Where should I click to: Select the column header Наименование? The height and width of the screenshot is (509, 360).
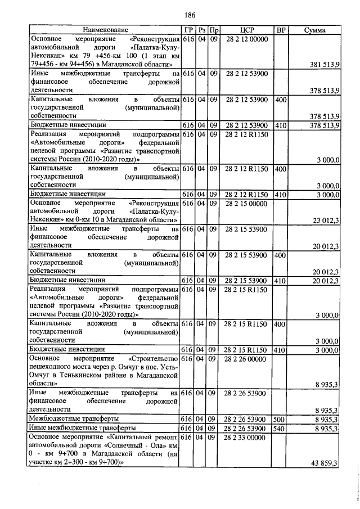click(x=105, y=29)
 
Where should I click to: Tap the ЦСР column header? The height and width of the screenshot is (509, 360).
click(x=247, y=29)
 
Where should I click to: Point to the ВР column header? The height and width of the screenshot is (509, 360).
click(x=280, y=29)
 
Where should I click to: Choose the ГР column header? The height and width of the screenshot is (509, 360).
click(x=188, y=29)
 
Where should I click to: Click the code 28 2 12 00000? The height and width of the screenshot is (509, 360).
click(x=247, y=39)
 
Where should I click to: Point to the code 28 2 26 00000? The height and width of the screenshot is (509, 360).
click(x=247, y=358)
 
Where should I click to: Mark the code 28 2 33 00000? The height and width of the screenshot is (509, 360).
click(x=247, y=436)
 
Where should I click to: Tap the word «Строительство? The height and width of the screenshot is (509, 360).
click(x=154, y=358)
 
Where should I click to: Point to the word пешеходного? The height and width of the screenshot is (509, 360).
click(x=51, y=367)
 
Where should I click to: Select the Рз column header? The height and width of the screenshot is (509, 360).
click(x=201, y=29)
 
